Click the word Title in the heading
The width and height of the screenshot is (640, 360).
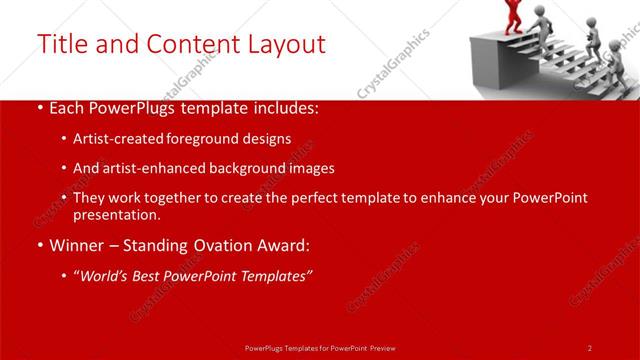point(60,44)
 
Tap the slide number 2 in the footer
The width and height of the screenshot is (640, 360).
point(589,347)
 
